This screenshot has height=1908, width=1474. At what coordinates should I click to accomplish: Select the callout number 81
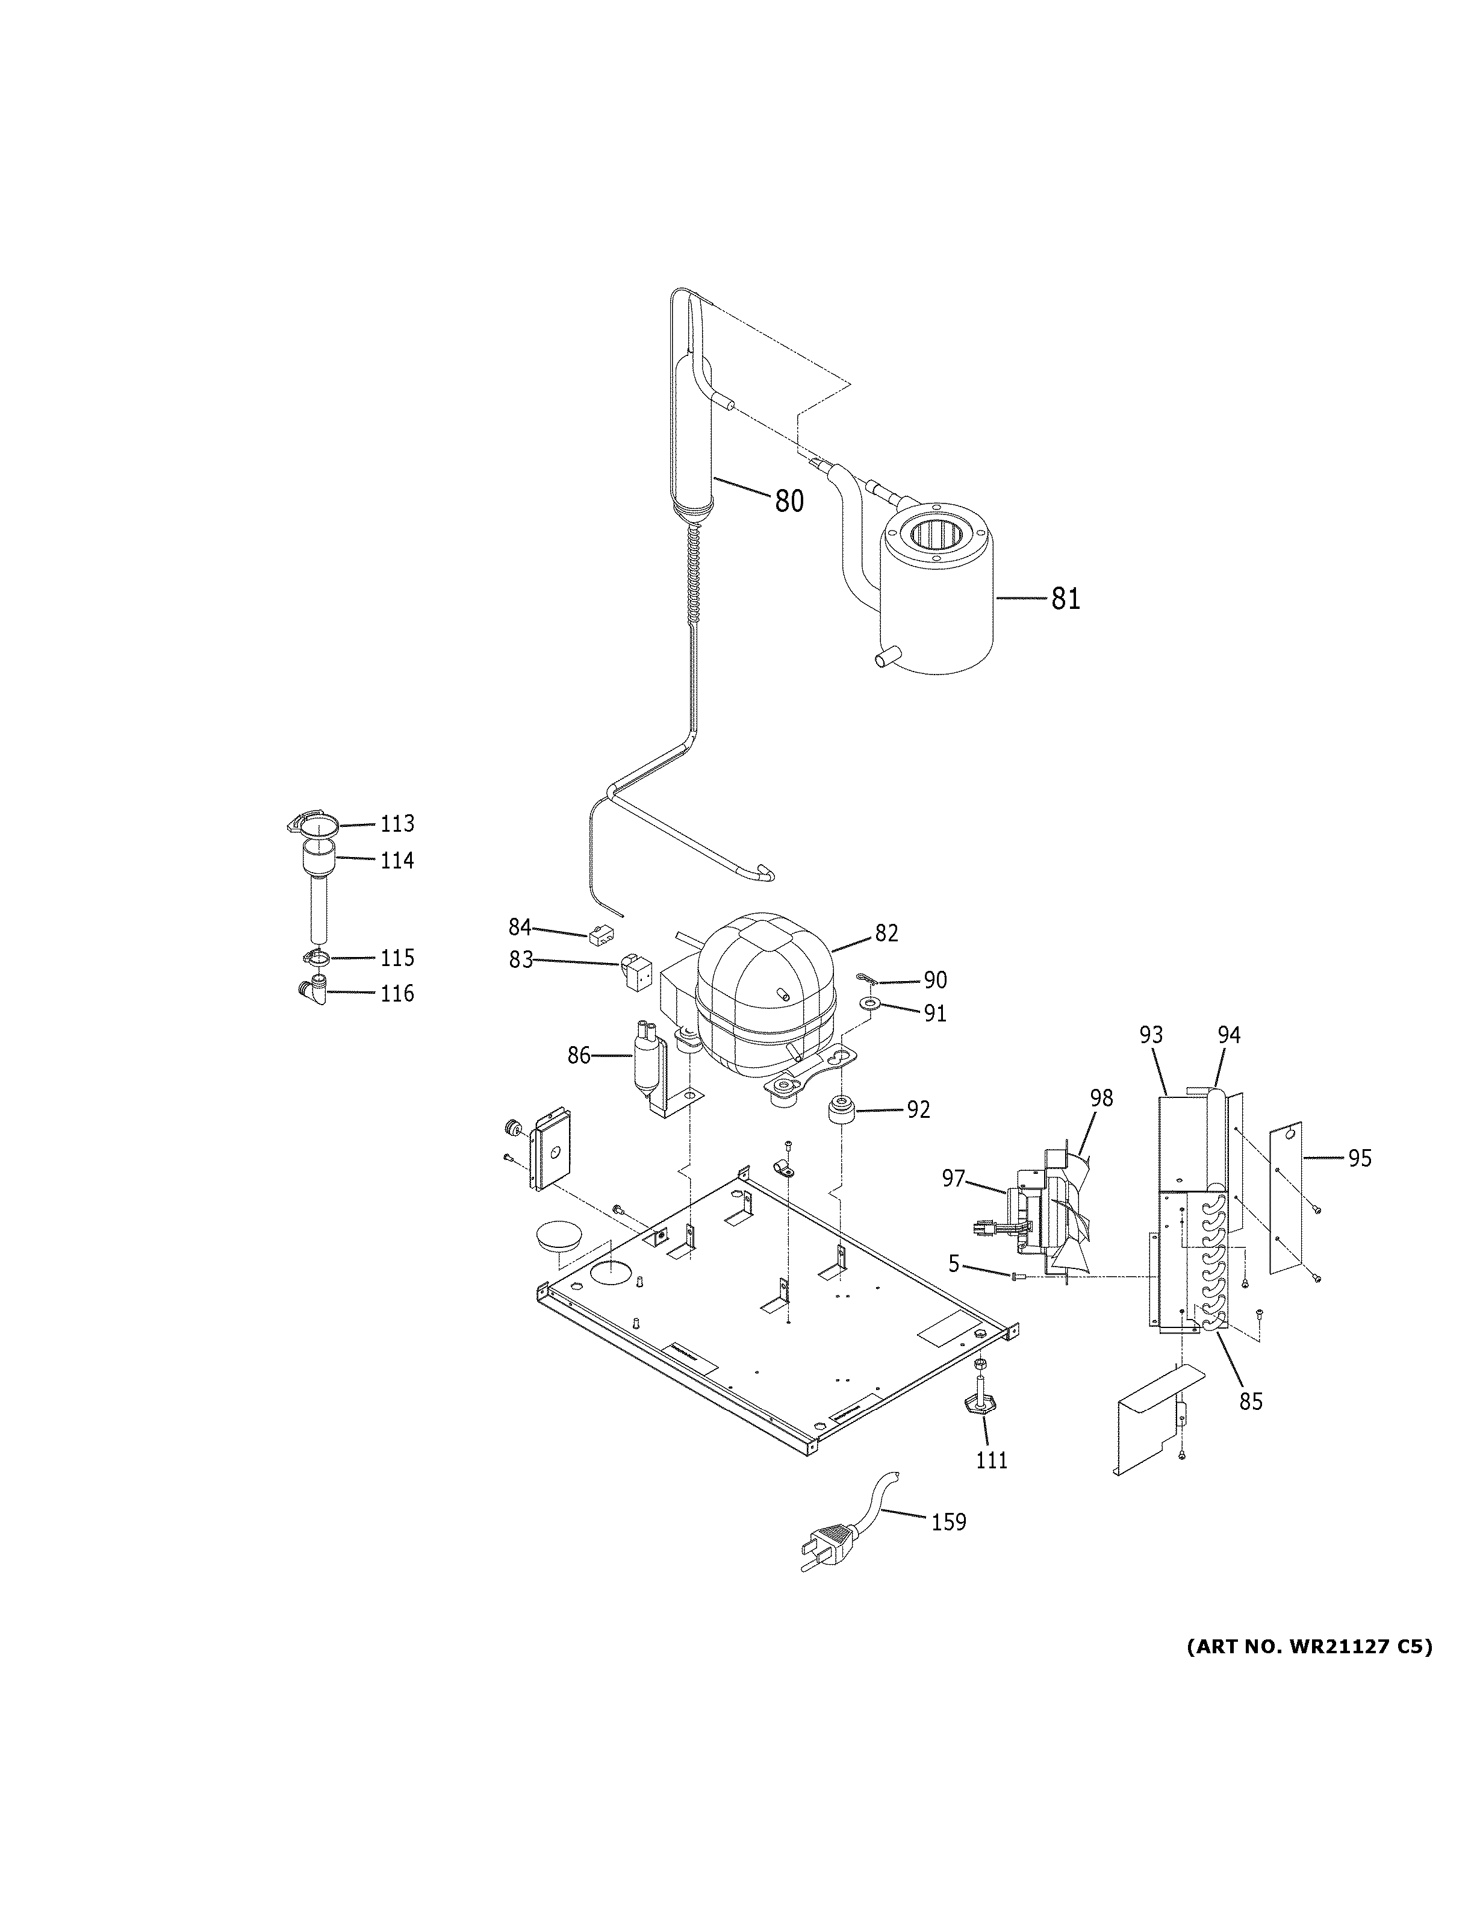[1065, 599]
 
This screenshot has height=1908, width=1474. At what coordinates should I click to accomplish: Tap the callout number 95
[1360, 1158]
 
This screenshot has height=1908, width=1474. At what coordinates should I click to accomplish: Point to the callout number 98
[1101, 1098]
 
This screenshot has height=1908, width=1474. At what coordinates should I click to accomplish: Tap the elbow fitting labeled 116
[313, 993]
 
